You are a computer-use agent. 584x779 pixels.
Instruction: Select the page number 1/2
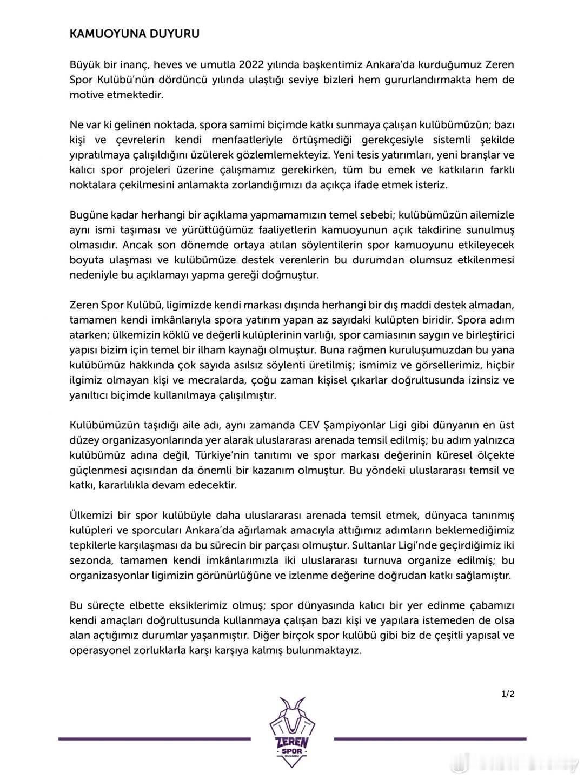(508, 694)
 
